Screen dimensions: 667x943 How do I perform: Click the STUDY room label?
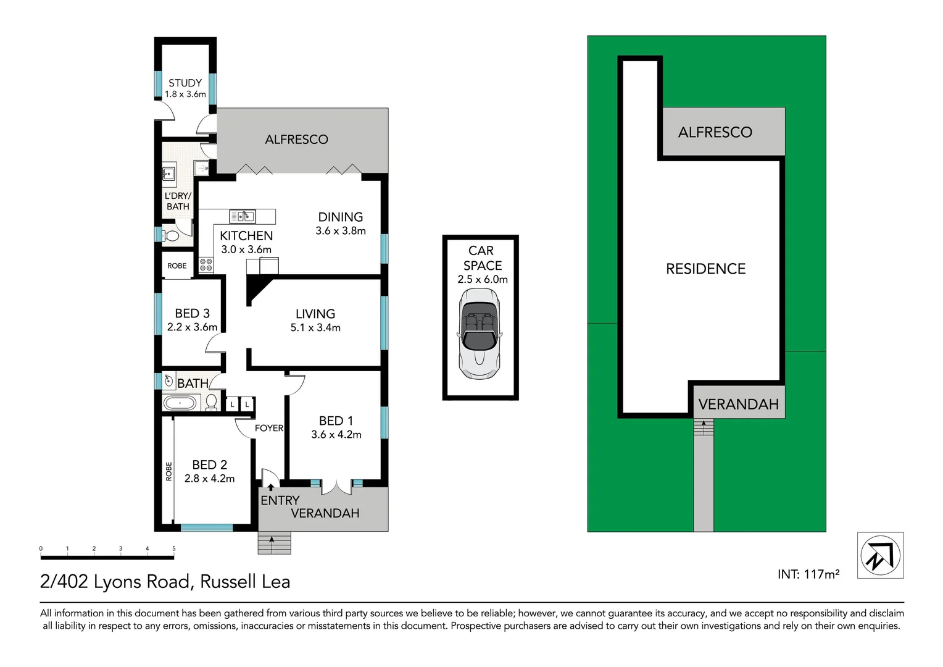(185, 83)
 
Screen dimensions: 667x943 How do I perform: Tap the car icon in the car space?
(480, 333)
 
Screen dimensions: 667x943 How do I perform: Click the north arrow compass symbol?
(880, 555)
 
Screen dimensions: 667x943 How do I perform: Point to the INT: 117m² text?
(808, 574)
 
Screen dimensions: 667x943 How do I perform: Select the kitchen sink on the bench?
(243, 216)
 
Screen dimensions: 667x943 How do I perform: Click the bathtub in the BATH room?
(180, 404)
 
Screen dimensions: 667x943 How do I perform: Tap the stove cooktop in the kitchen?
(206, 265)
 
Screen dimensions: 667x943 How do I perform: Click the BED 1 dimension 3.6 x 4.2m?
(336, 435)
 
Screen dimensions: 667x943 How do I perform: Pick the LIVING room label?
(315, 314)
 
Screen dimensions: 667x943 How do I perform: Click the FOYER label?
(269, 428)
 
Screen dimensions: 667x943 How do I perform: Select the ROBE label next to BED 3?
(177, 266)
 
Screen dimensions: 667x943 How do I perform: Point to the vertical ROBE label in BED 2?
(168, 471)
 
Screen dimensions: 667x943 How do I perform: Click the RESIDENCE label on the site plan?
(705, 269)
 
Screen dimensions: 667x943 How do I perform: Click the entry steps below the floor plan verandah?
(274, 543)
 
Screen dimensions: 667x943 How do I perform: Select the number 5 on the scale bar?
(174, 548)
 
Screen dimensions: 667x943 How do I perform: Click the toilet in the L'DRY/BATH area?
(170, 235)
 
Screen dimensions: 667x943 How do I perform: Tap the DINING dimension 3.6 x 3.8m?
(341, 231)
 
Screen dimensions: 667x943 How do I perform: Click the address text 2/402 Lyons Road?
(115, 582)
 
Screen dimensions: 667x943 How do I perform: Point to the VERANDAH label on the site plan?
(738, 405)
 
